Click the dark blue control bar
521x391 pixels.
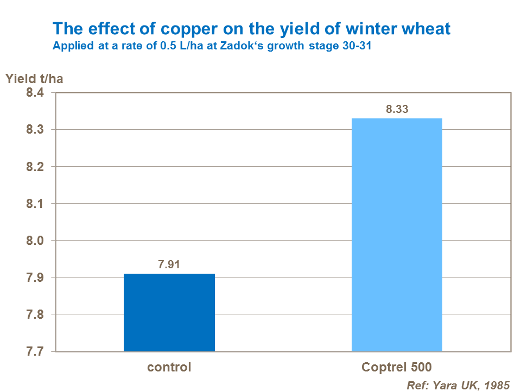169,312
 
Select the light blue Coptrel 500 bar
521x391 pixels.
397,235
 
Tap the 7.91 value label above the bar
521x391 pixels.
169,265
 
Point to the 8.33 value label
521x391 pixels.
397,110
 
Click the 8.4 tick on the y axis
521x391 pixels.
36,93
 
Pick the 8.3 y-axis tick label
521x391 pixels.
36,130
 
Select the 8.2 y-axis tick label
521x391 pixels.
36,167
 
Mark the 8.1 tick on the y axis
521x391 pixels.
36,204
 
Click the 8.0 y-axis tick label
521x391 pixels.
36,241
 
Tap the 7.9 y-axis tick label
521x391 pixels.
36,278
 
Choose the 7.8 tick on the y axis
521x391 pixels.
36,314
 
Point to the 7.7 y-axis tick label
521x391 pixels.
36,351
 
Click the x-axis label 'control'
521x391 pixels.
169,367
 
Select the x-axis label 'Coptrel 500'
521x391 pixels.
397,367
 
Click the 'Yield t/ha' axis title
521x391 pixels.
34,79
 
